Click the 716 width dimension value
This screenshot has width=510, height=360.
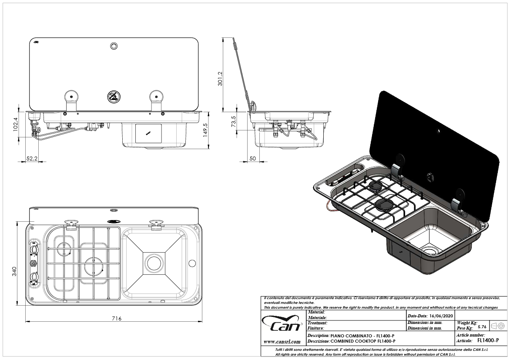pos(116,318)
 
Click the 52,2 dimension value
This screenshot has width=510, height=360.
pos(31,159)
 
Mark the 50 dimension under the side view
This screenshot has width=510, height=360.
pos(253,159)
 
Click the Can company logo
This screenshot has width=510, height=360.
pos(283,324)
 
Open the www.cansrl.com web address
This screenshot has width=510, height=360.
pos(282,342)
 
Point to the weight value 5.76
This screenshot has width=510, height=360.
pos(482,327)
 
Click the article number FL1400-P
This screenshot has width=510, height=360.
pos(488,341)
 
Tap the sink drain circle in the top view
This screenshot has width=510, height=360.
pos(153,263)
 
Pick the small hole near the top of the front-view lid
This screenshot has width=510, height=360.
pos(114,46)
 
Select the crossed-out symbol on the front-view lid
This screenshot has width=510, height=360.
pos(113,96)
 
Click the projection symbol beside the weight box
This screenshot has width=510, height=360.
pos(497,326)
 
